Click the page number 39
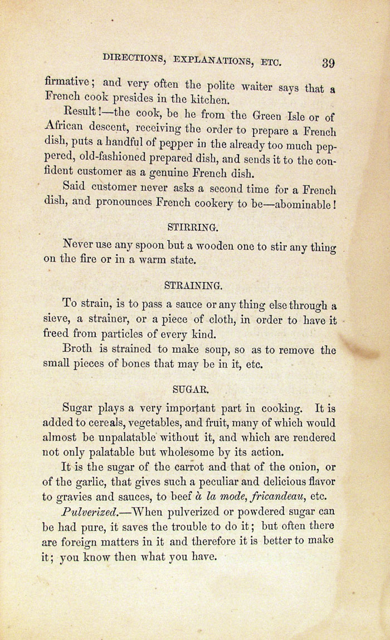click(x=328, y=62)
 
